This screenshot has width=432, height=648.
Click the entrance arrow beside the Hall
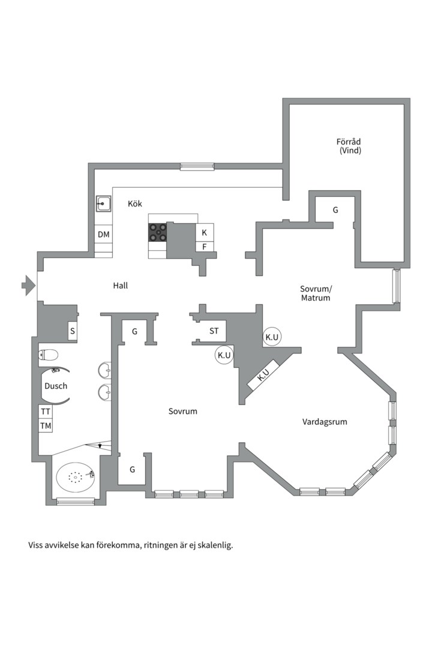tap(28, 285)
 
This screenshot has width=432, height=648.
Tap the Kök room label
tap(135, 203)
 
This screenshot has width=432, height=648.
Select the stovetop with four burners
tap(158, 232)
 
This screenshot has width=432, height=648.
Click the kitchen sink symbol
tap(103, 204)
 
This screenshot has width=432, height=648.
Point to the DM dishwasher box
tap(103, 235)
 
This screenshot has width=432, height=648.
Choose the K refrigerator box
tap(204, 233)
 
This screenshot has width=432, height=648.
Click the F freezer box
tap(204, 247)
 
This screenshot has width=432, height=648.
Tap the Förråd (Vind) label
tap(349, 146)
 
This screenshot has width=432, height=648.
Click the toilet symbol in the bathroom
tap(49, 355)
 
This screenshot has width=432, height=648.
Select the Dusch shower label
tap(56, 386)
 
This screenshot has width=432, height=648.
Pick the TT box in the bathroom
tap(46, 412)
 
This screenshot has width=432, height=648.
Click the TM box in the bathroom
tap(46, 425)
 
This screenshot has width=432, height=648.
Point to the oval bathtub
tap(76, 477)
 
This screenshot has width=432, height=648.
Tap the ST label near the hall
tap(214, 331)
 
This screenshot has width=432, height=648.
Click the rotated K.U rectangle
tap(263, 374)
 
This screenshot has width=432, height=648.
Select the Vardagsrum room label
tap(325, 422)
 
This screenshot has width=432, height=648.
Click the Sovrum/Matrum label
tap(316, 293)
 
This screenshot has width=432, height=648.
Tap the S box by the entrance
tap(73, 331)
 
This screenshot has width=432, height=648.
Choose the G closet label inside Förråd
tap(335, 210)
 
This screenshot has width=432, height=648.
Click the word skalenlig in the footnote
tap(215, 545)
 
